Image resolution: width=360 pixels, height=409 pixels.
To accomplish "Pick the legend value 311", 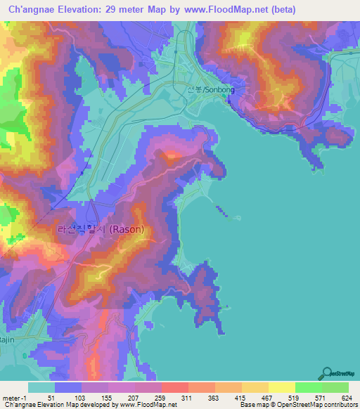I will [186, 397].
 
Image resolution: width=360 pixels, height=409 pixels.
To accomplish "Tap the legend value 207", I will [133, 397].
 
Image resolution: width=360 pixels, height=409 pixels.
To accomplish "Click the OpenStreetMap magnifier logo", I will [327, 373].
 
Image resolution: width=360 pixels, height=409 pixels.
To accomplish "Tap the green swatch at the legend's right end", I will [335, 387].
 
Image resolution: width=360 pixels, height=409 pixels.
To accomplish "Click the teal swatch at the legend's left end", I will [41, 387].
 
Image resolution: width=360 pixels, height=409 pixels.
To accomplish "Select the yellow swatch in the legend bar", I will [281, 387].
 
